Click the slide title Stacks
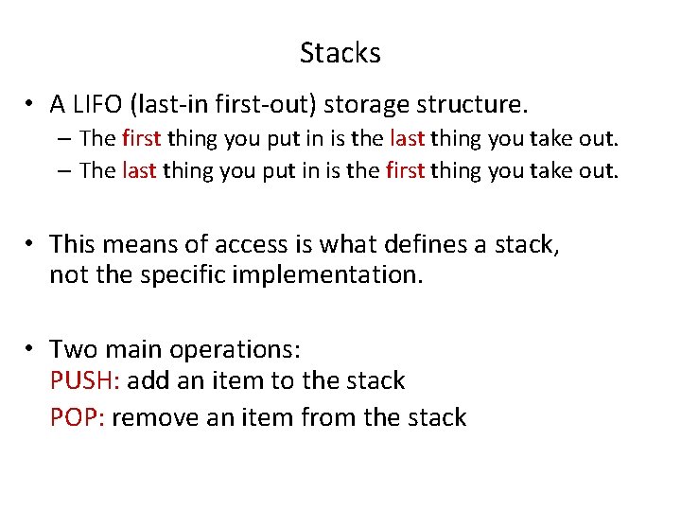[340, 53]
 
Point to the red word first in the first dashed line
[142, 139]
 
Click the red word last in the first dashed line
[407, 139]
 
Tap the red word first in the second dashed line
[407, 171]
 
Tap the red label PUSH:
[84, 381]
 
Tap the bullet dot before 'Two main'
[31, 350]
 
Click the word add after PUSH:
[145, 381]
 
